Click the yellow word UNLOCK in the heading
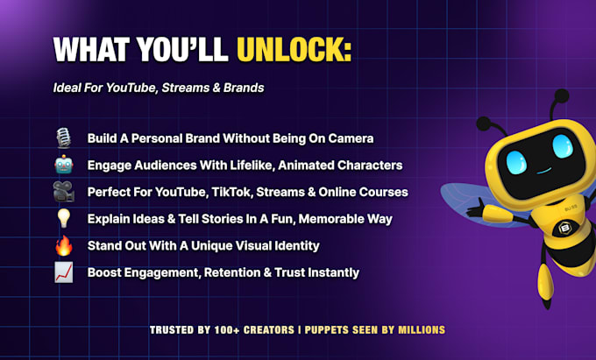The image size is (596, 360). click(294, 49)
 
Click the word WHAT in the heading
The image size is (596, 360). click(92, 49)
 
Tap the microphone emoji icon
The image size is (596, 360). click(63, 138)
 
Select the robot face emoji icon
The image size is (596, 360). click(63, 165)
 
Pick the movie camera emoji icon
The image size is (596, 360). click(63, 192)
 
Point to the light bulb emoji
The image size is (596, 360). click(63, 218)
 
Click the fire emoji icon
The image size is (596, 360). click(63, 245)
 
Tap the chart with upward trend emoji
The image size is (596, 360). click(63, 272)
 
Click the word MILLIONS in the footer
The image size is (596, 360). click(422, 329)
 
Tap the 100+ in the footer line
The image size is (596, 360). click(227, 329)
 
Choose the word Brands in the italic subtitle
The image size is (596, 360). click(244, 88)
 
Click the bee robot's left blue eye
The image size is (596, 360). click(516, 163)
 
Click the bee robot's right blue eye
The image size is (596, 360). click(563, 145)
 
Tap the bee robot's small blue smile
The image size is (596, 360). click(544, 171)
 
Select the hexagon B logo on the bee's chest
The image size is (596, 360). click(565, 229)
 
